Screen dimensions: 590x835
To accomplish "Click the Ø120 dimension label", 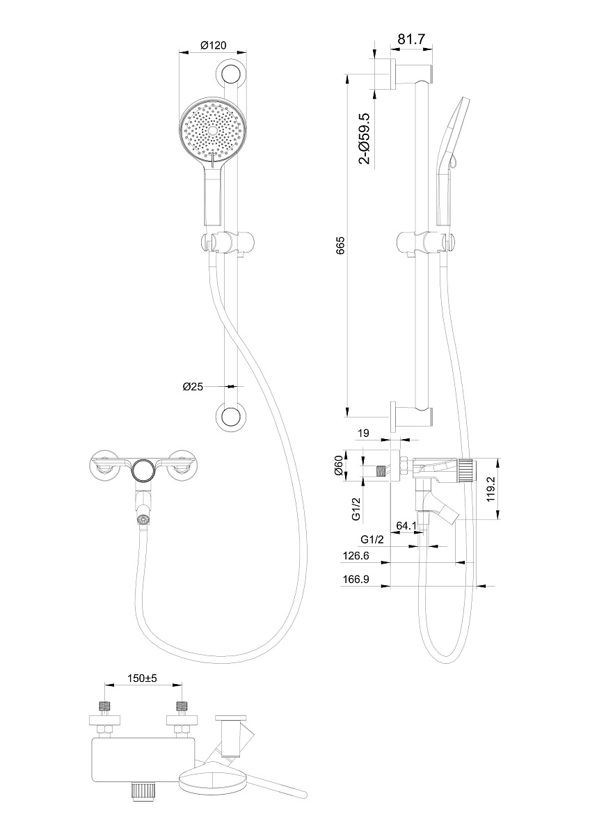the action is [213, 45].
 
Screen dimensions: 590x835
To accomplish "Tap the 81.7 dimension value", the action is [411, 39].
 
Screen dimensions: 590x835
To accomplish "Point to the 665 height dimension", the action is [340, 245].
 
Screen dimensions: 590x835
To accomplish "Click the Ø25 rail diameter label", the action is [193, 387].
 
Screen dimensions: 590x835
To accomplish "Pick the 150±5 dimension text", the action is [143, 678].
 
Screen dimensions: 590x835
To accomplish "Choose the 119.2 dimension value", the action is [491, 488].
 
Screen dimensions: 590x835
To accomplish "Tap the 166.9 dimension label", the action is [356, 579].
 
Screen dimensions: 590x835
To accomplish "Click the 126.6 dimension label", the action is [356, 556].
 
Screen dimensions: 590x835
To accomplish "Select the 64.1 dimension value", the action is [406, 525].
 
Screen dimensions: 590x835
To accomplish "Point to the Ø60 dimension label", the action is [338, 466].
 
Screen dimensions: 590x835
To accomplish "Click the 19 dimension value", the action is [363, 433].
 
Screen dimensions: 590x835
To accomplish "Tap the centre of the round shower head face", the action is [212, 130].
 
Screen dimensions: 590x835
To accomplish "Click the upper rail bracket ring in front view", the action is [231, 73].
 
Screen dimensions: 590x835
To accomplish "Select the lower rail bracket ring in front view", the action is [231, 416].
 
